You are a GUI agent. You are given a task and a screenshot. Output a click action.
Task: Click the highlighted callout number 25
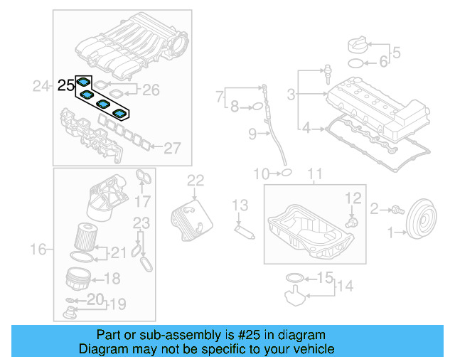(65, 85)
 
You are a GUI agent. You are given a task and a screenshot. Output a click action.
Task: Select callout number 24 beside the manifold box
(42, 86)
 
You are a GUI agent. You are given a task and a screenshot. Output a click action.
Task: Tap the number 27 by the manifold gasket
(173, 148)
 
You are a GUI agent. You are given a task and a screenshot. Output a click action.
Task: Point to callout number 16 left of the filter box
(40, 249)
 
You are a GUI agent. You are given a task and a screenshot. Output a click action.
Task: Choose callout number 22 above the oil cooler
(196, 180)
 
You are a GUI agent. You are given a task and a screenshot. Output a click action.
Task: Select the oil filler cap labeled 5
(357, 46)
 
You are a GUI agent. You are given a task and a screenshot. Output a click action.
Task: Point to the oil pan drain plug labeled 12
(350, 222)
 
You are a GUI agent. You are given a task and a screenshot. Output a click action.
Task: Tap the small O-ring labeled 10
(285, 171)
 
